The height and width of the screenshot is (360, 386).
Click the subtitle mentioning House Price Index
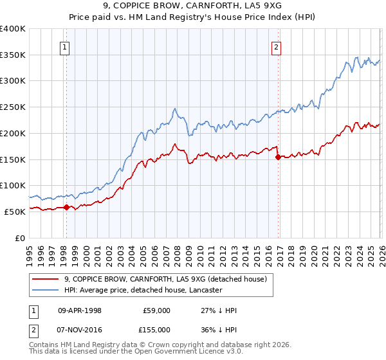[x=192, y=19]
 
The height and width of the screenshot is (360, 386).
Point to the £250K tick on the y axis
[x=13, y=107]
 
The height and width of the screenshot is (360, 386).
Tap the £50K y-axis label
[x=15, y=212]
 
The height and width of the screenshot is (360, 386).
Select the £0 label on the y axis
[x=19, y=238]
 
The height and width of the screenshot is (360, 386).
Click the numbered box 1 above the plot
[x=66, y=46]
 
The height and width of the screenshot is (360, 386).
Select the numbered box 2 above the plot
[x=276, y=46]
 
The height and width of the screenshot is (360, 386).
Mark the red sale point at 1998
[x=66, y=207]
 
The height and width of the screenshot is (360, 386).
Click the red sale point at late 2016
[x=277, y=157]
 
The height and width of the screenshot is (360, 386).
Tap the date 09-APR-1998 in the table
[x=80, y=310]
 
